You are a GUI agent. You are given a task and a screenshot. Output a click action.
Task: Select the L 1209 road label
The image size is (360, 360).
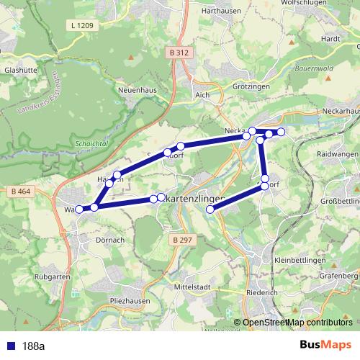click(82, 26)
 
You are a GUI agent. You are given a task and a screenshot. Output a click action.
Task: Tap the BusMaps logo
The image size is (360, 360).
click(325, 345)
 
